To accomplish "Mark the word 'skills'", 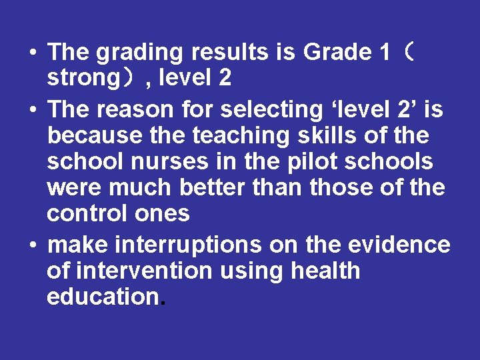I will click(x=331, y=135).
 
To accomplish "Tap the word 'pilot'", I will click(x=307, y=161).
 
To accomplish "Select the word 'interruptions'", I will click(x=189, y=245).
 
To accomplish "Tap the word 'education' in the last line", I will click(x=102, y=297).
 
